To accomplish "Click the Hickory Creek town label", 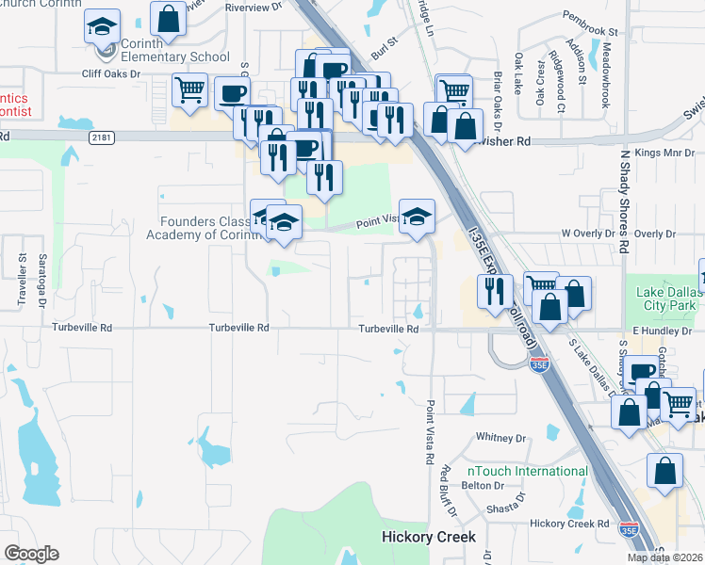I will (x=429, y=537).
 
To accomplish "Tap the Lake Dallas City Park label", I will (x=664, y=299).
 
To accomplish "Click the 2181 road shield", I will (x=104, y=137).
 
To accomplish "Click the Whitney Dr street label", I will (x=500, y=438).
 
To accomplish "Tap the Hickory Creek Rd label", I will (x=569, y=524).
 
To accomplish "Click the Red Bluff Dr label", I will (x=449, y=490).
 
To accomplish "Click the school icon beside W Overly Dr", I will (x=417, y=218).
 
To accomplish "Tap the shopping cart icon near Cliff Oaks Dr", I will (x=190, y=90).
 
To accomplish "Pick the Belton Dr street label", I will (x=484, y=487).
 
